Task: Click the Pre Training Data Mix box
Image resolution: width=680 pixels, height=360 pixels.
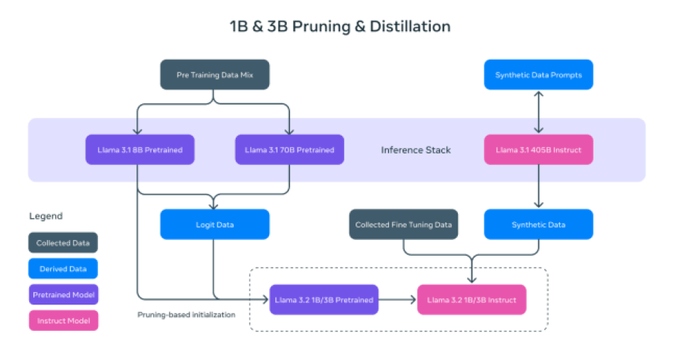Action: (214, 75)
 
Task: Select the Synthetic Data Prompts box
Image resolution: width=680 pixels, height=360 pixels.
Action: (539, 75)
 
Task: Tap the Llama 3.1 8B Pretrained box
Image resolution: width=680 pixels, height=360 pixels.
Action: (140, 150)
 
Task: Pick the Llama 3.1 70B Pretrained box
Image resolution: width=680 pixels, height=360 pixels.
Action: (290, 150)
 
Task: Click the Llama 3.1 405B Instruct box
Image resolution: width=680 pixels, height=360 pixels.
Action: (539, 150)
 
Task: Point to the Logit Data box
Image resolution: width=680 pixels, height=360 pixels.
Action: (214, 224)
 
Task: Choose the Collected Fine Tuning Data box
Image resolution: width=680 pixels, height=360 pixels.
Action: (403, 224)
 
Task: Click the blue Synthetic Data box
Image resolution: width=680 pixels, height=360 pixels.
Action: (539, 224)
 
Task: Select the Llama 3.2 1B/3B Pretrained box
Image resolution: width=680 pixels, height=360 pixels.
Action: (324, 299)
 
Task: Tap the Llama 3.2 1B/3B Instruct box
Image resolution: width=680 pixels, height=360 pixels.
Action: (472, 299)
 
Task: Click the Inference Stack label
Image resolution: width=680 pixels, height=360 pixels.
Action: (416, 150)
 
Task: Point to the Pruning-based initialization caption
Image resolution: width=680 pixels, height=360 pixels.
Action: (187, 315)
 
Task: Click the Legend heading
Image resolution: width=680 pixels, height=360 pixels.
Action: (46, 216)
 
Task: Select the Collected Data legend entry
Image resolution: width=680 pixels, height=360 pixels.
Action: (63, 242)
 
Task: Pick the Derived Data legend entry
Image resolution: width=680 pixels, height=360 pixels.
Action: (63, 268)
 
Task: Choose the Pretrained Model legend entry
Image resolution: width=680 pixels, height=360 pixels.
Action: (63, 295)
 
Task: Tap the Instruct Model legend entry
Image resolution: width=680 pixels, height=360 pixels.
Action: (63, 320)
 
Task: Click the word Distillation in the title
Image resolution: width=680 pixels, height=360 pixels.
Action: (410, 26)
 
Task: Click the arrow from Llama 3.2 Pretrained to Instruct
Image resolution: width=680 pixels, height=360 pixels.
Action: (397, 299)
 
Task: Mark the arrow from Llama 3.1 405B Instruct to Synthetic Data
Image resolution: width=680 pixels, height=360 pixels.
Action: (539, 187)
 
